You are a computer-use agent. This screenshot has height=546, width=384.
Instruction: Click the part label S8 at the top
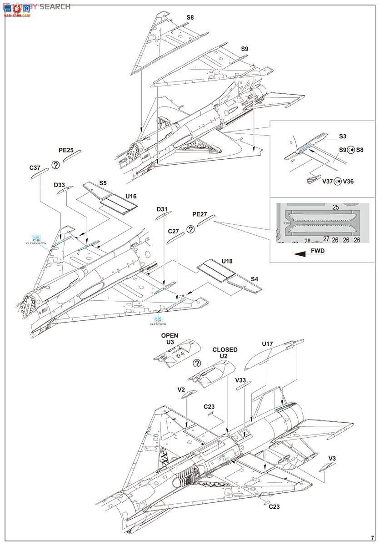(190, 18)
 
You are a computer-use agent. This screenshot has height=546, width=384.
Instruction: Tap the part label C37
(35, 168)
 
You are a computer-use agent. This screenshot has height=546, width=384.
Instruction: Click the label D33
(59, 185)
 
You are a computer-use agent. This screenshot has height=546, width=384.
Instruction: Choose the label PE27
(200, 214)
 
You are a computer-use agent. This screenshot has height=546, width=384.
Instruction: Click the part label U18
(227, 261)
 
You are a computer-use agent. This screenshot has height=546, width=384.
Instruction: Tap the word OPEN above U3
(170, 335)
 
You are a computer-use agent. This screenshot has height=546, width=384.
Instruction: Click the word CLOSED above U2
(225, 349)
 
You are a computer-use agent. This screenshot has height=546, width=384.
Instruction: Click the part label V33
(241, 380)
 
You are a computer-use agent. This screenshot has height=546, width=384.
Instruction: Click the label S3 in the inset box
(343, 136)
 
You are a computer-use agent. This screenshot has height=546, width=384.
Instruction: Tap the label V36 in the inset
(348, 181)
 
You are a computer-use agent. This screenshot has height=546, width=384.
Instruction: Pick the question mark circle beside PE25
(55, 165)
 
